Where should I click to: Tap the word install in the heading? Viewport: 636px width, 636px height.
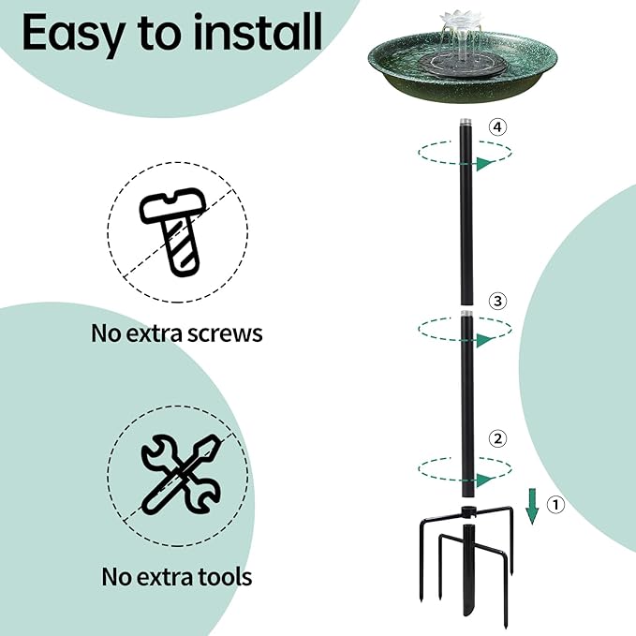[x=258, y=32]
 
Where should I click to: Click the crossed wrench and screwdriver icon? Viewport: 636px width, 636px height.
[x=182, y=475]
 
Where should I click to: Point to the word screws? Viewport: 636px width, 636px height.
[x=220, y=334]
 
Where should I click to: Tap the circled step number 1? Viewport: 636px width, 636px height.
[x=555, y=505]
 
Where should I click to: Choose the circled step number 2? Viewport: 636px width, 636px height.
[x=497, y=438]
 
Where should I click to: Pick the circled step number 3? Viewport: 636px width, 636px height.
[x=497, y=301]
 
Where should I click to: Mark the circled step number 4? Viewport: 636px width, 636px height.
[x=497, y=127]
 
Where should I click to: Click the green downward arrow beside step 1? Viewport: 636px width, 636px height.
[x=532, y=506]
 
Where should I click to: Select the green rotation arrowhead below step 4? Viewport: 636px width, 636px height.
[x=485, y=164]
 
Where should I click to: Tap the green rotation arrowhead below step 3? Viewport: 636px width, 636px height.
[x=485, y=340]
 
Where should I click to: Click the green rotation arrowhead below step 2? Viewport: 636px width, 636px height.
[x=485, y=481]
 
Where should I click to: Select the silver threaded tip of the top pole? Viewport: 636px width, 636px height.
[x=466, y=121]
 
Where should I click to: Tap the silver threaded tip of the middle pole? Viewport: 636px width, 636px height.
[x=467, y=314]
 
